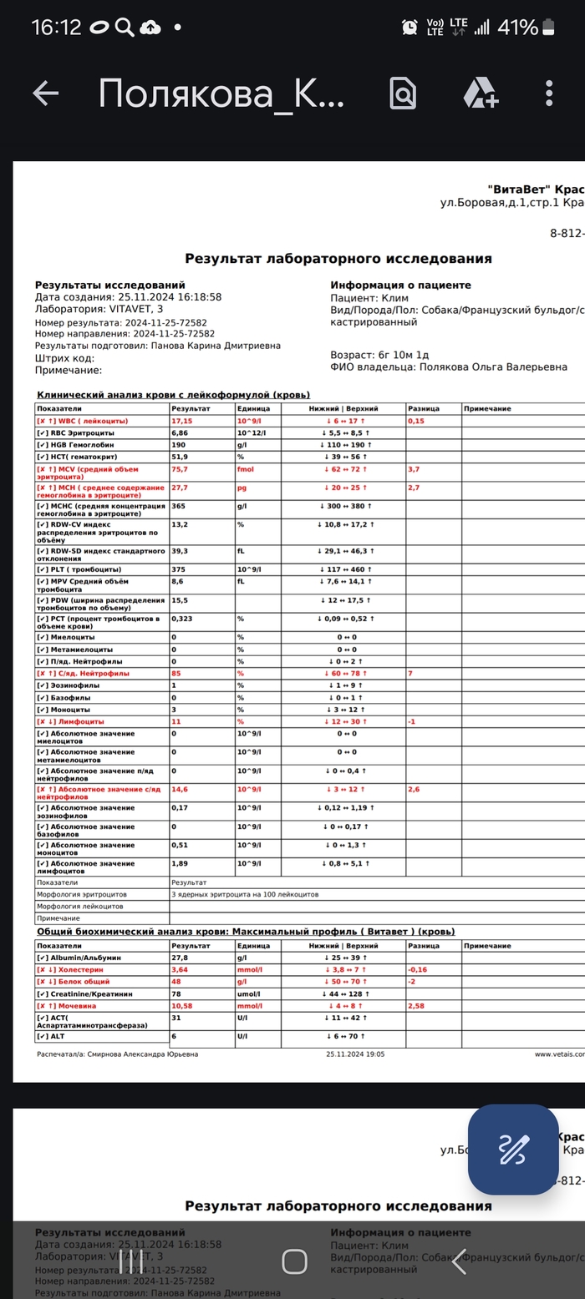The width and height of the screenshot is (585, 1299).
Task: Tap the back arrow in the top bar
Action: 45,94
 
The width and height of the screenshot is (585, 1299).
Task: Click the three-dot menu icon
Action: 549,94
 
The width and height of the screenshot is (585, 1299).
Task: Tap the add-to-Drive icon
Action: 481,94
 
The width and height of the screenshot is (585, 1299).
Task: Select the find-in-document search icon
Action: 403,94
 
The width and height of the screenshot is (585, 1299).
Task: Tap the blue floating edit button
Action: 512,1150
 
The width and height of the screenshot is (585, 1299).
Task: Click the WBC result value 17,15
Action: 181,422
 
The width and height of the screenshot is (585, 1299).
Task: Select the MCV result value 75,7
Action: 180,469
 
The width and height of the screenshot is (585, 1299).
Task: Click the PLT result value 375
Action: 178,569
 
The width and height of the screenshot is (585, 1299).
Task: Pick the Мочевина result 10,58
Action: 181,1006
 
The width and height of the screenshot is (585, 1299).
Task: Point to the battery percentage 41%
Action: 517,28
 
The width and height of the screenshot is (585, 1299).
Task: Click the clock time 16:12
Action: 56,28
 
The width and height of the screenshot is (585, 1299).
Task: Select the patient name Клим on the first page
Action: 394,297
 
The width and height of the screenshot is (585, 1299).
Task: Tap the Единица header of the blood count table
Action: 252,409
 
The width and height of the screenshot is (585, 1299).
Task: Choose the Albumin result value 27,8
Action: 180,958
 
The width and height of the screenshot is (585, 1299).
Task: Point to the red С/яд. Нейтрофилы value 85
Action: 176,673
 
